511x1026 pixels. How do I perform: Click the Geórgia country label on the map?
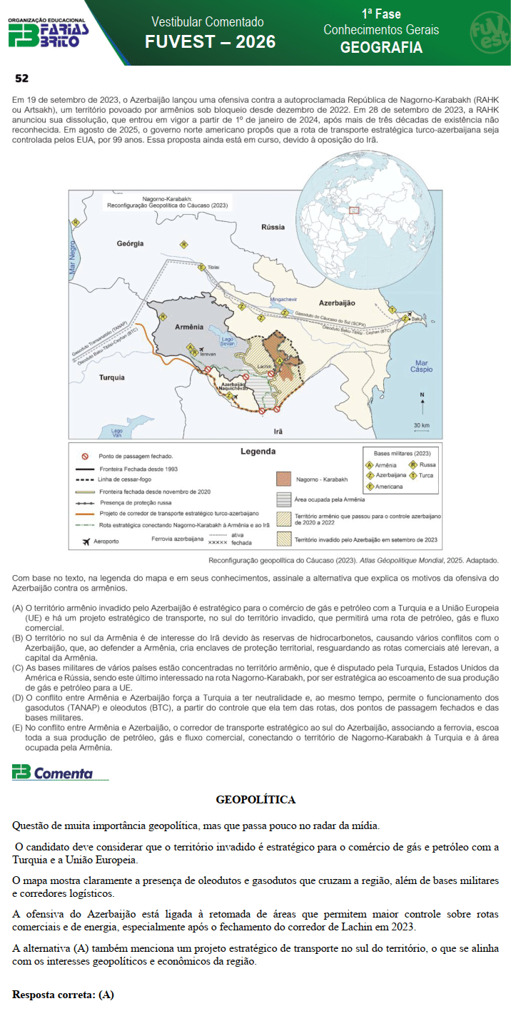point(131,243)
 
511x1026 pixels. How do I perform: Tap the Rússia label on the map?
point(273,227)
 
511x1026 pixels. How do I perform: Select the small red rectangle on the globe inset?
point(353,210)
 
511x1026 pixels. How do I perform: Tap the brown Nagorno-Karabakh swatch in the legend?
point(285,479)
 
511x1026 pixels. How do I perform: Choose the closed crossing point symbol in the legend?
point(84,456)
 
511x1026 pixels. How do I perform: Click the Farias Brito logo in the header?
point(48,33)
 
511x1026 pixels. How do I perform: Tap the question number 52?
point(21,78)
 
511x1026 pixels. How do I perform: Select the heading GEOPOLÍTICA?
point(255,800)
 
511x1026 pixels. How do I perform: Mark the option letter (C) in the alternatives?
point(18,667)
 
